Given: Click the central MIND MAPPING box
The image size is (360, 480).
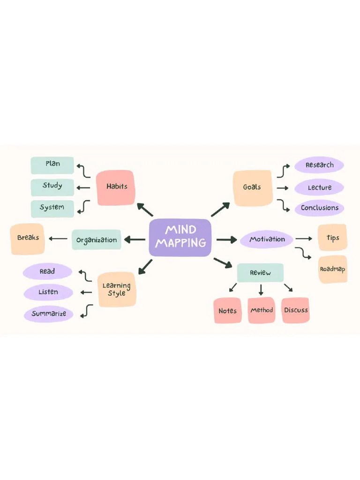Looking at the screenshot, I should [x=180, y=237].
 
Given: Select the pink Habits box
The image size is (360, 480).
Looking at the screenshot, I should [x=116, y=187].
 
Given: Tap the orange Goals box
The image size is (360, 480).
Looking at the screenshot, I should [x=252, y=187].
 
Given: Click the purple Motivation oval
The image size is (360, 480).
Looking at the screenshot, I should [x=267, y=240].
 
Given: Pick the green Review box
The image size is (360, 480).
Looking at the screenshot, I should [x=260, y=273].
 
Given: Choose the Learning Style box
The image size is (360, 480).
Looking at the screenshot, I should [x=117, y=289].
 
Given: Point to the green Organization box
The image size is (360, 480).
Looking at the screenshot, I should [x=97, y=240].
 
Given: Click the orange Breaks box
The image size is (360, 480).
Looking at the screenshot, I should [x=28, y=239].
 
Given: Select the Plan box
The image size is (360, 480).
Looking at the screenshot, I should [x=52, y=165].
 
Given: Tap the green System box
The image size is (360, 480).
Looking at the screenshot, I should [x=52, y=208].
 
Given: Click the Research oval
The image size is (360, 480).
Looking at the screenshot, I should [x=319, y=165].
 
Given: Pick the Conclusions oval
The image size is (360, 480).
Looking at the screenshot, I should [x=319, y=208].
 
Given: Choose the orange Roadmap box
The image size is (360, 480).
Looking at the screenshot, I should [x=333, y=269].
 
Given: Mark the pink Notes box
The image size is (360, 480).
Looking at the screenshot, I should [x=228, y=310].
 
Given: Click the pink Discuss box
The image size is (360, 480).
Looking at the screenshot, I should [x=296, y=310].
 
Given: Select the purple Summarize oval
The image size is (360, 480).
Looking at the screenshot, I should [x=49, y=314].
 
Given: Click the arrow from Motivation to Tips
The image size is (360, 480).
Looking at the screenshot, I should [x=304, y=239].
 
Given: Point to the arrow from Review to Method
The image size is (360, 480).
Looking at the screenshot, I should [x=261, y=290].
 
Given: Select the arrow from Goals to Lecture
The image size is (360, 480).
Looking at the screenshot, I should [x=282, y=188].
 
